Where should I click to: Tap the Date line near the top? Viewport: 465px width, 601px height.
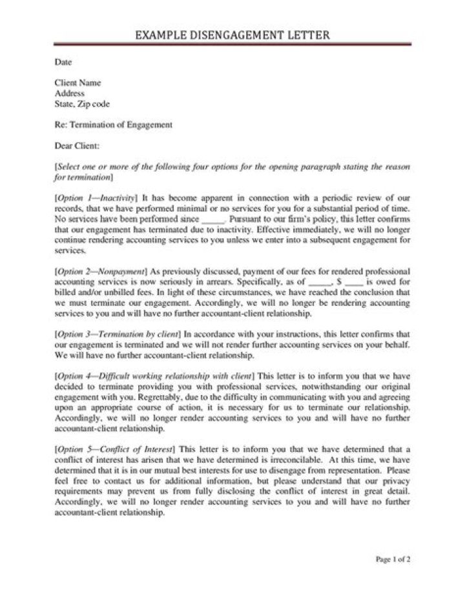(x=63, y=63)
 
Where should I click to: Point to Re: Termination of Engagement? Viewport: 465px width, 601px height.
(x=114, y=125)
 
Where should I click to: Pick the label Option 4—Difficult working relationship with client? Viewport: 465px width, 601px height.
(x=155, y=376)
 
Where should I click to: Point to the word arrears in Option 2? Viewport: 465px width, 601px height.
(x=218, y=282)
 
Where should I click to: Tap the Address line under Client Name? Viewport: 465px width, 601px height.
(x=70, y=94)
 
